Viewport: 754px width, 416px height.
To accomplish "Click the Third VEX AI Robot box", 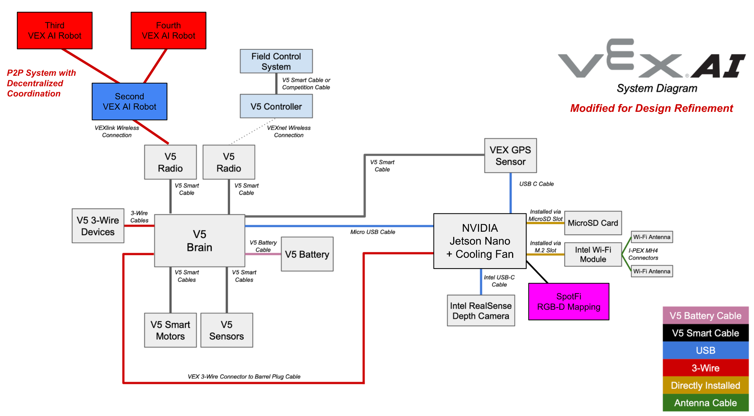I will [54, 31].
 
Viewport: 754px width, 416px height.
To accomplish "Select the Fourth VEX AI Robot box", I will [168, 31].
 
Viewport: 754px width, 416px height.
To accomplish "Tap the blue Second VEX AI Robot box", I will [129, 102].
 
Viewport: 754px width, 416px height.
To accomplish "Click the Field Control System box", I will [276, 61].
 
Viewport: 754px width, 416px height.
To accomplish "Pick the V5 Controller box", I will [276, 106].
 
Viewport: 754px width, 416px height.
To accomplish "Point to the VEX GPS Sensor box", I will [510, 156].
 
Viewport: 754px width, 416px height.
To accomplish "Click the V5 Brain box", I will [200, 241].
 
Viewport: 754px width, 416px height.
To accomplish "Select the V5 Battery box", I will [307, 254].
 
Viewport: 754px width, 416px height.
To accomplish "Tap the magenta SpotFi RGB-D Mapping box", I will [568, 302].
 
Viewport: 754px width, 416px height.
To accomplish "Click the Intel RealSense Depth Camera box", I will [481, 311].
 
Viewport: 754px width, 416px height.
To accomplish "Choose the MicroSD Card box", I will [593, 223].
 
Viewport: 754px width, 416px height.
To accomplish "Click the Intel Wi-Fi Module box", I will [593, 255].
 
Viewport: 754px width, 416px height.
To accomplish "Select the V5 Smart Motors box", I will [170, 330].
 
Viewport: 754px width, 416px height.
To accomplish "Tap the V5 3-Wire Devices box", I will [98, 226].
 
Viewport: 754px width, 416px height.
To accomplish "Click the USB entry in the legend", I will [705, 351].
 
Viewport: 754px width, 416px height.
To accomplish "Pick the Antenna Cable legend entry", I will [705, 403].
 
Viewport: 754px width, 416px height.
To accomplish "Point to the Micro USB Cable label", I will [373, 232].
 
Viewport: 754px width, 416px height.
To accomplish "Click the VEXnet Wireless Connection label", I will [289, 132].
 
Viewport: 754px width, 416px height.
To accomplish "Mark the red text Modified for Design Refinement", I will [651, 108].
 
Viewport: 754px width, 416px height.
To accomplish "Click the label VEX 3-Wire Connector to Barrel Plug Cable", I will [244, 377].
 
